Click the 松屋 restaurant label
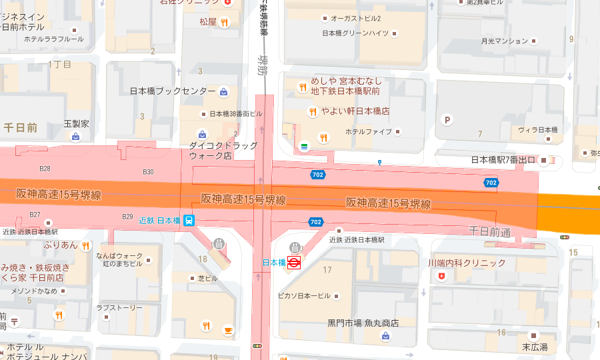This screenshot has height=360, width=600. pos(208,22)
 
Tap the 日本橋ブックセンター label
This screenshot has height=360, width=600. pos(172,91)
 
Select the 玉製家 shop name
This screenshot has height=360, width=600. pos(75,124)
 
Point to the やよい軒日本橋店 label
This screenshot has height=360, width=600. pos(355,111)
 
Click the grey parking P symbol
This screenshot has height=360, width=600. pos(448,120)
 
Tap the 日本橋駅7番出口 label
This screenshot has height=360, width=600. pos(503,160)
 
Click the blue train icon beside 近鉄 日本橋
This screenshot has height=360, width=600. pos(189,220)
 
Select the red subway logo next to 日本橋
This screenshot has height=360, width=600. pos(294,263)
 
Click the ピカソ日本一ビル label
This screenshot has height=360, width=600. pos(303,295)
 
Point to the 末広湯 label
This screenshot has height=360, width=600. pos(535,347)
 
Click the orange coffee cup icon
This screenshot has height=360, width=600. pos(227,329)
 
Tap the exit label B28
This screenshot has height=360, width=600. pos(45,169)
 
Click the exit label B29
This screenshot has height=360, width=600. pos(127,217)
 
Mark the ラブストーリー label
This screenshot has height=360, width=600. pos(119,308)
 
